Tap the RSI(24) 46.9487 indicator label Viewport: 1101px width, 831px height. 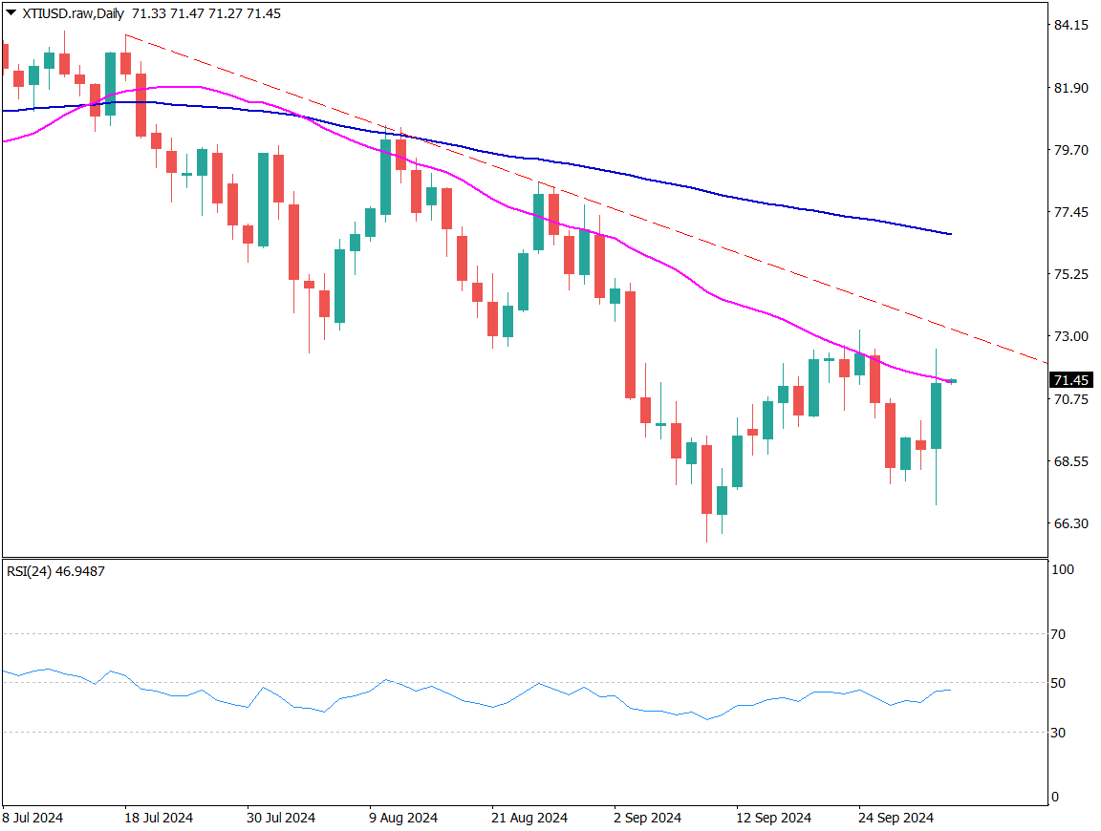(x=55, y=571)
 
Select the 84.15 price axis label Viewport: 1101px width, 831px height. (x=1069, y=25)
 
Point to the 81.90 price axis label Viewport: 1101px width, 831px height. (x=1069, y=88)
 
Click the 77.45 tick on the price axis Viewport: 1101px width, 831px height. (x=1069, y=212)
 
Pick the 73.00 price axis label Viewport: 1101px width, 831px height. (x=1069, y=336)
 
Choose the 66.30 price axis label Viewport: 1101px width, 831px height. (x=1069, y=523)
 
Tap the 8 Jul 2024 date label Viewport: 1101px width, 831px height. (x=33, y=819)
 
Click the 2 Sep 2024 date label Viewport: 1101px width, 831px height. (x=647, y=819)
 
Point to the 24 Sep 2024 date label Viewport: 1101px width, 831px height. (x=895, y=819)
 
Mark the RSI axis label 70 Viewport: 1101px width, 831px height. (x=1059, y=634)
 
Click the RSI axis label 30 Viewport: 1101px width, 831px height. (x=1059, y=733)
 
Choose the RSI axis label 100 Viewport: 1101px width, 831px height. (x=1063, y=570)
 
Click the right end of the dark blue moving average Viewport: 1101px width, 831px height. (x=950, y=234)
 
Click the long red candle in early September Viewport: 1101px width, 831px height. (x=630, y=344)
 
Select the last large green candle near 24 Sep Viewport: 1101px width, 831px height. (x=936, y=415)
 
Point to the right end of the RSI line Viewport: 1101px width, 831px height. (x=950, y=690)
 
